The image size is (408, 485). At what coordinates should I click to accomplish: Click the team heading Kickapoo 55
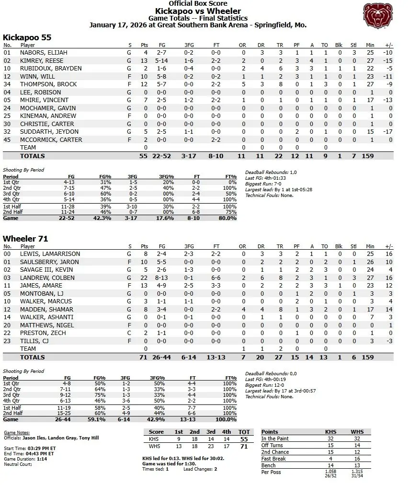[27, 37]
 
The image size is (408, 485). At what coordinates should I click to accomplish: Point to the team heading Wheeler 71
[25, 238]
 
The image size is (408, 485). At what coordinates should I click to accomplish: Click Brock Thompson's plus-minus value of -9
[388, 84]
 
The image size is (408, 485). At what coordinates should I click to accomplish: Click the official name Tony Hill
[91, 438]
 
